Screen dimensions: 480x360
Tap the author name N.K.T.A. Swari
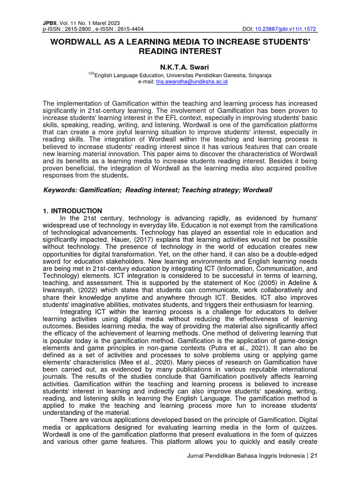(180, 67)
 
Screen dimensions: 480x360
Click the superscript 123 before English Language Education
(91, 74)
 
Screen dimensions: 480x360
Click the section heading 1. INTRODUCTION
(72, 211)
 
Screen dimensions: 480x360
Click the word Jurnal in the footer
(196, 457)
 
